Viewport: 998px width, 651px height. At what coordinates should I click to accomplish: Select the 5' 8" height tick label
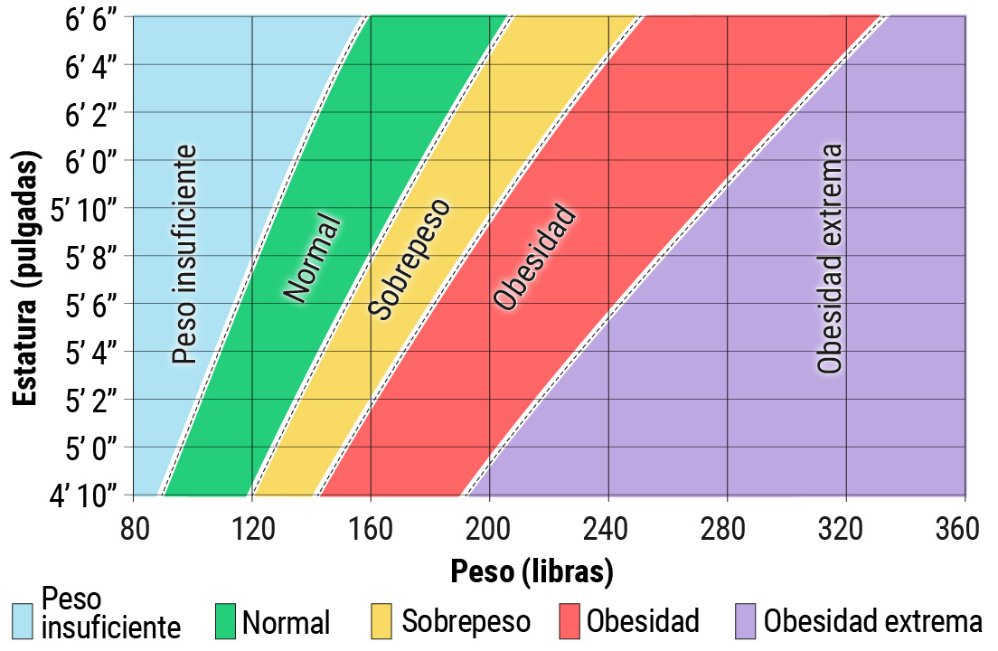[95, 256]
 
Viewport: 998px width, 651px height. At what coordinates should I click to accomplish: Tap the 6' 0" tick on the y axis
[93, 161]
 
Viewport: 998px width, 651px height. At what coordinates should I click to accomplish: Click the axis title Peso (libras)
[532, 571]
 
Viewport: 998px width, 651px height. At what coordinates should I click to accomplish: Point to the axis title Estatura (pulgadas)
[28, 280]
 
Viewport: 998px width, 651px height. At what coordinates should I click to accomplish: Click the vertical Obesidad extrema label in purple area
[830, 259]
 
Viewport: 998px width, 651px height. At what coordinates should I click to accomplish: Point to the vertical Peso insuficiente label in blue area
[184, 255]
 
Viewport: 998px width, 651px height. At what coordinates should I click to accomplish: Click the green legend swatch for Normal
[226, 621]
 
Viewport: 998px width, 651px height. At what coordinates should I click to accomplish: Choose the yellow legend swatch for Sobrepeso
[382, 621]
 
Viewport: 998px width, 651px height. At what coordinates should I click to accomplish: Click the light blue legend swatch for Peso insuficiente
[24, 621]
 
